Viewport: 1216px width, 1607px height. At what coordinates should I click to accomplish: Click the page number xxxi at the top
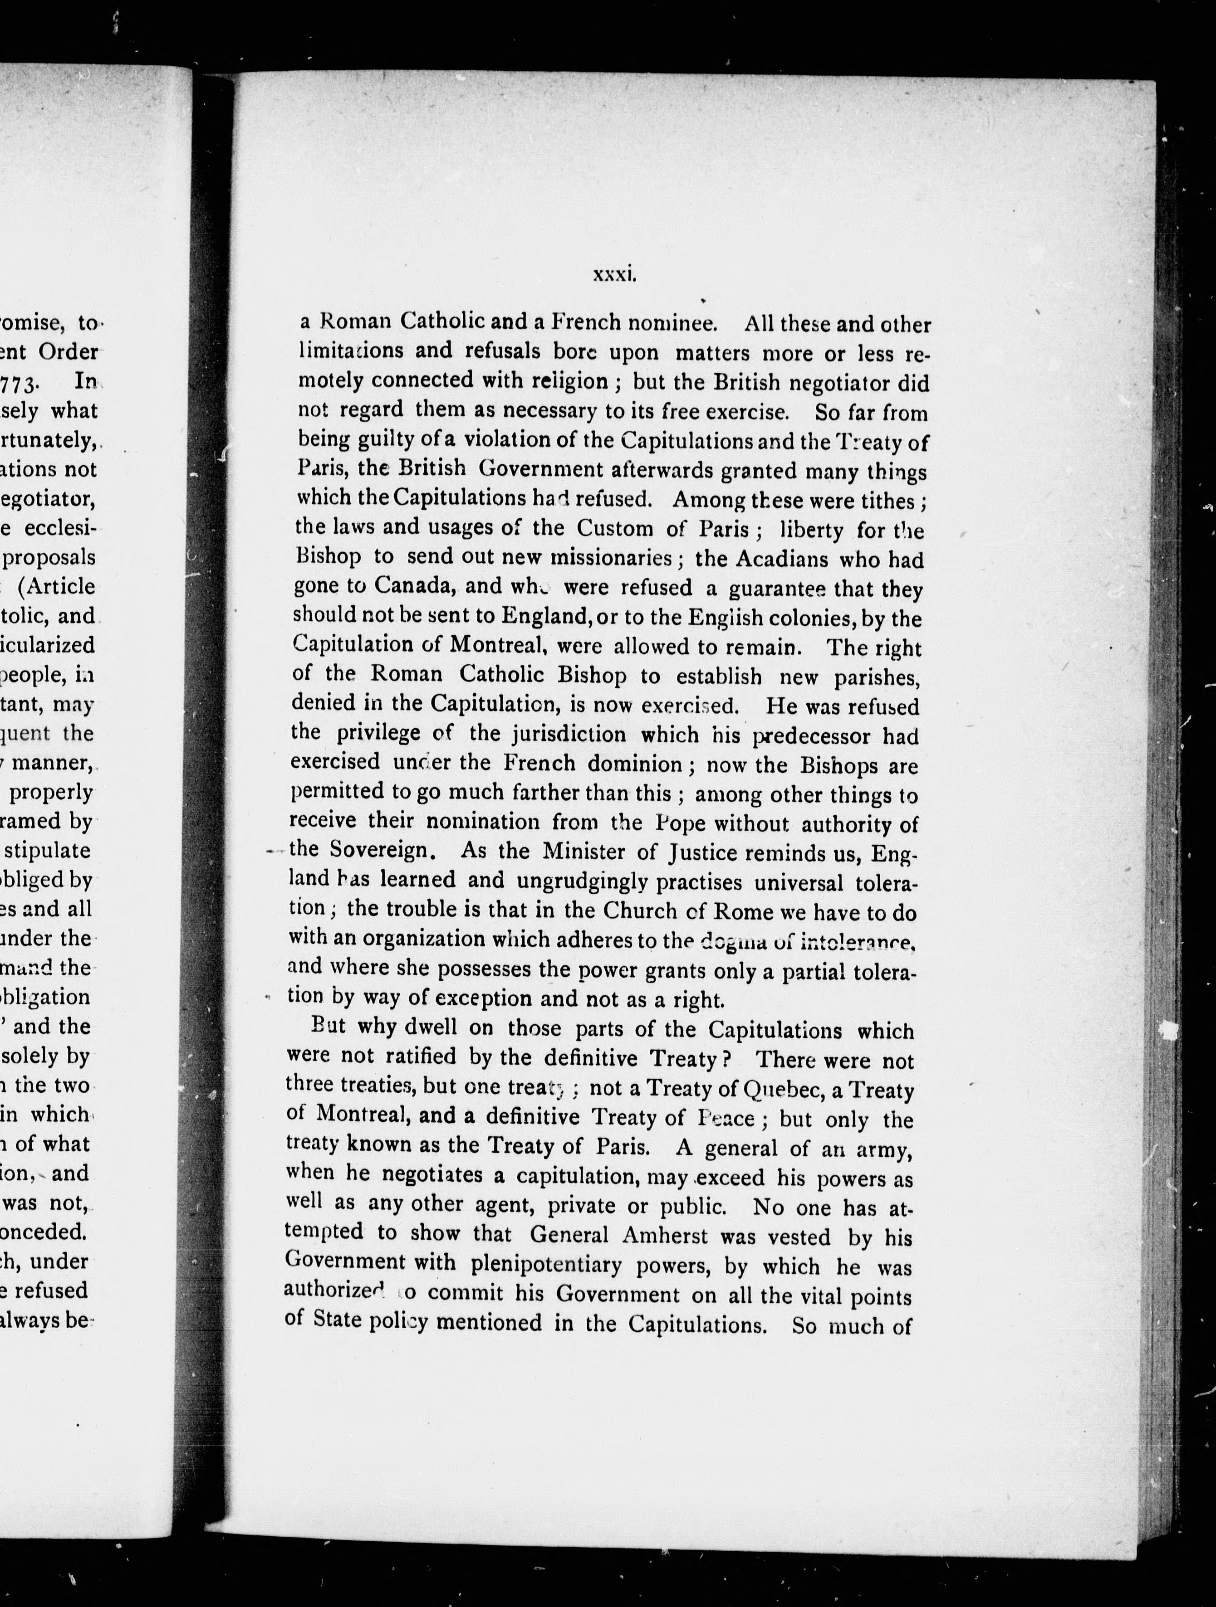(615, 275)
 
